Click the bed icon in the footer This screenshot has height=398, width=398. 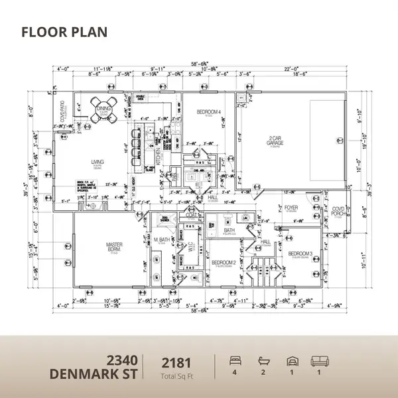pyautogui.click(x=233, y=361)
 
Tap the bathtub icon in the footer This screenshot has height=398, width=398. pyautogui.click(x=262, y=361)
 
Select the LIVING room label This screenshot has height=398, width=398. pyautogui.click(x=99, y=161)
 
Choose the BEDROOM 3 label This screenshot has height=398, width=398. pyautogui.click(x=300, y=253)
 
